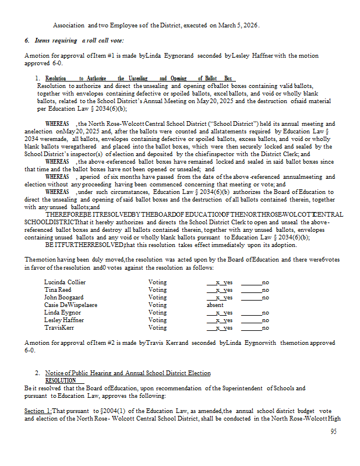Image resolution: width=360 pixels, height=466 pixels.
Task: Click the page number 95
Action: pos(333,432)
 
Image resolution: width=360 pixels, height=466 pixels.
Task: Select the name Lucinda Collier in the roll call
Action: pos(63,282)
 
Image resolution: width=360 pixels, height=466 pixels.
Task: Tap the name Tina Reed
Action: pos(58,290)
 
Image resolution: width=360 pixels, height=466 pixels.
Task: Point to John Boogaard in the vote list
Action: pos(63,297)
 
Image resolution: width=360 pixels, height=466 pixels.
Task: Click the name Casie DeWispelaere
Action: pos(70,305)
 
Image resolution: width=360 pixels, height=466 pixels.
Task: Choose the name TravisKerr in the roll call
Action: pos(59,327)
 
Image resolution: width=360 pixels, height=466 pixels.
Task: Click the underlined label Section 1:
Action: pos(38,411)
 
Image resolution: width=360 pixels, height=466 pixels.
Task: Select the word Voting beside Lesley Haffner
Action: pos(157,320)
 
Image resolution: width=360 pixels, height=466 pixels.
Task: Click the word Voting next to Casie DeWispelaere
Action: pos(157,305)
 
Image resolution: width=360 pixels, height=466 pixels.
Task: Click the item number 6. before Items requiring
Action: pos(27,40)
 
